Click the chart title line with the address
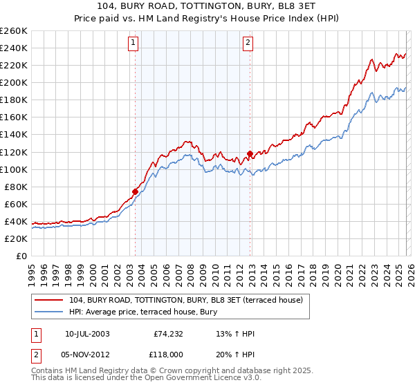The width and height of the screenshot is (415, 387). coord(207,8)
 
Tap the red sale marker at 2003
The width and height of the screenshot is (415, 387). coord(136,191)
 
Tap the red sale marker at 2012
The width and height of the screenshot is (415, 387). coord(250,153)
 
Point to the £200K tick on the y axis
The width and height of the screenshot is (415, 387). coord(14,82)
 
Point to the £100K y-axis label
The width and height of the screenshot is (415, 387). coord(14,169)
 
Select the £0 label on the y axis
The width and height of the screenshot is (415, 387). coord(21,256)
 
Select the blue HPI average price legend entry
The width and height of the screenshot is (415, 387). coord(141,312)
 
